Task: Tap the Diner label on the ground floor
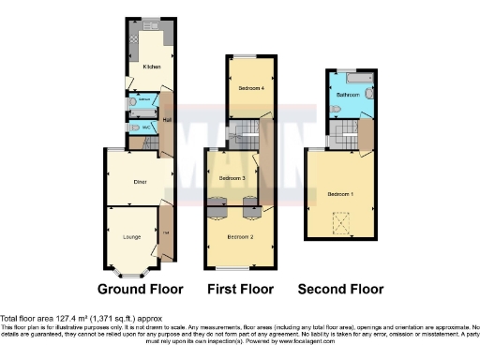pyautogui.click(x=140, y=181)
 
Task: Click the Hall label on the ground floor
pyautogui.click(x=167, y=119)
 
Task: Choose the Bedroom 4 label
pyautogui.click(x=250, y=87)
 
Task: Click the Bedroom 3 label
pyautogui.click(x=232, y=177)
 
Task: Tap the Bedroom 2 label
pyautogui.click(x=241, y=237)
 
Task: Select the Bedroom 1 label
pyautogui.click(x=340, y=193)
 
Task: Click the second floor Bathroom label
pyautogui.click(x=350, y=95)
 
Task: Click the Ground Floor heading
pyautogui.click(x=141, y=289)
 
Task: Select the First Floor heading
pyautogui.click(x=240, y=289)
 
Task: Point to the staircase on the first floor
pyautogui.click(x=246, y=131)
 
